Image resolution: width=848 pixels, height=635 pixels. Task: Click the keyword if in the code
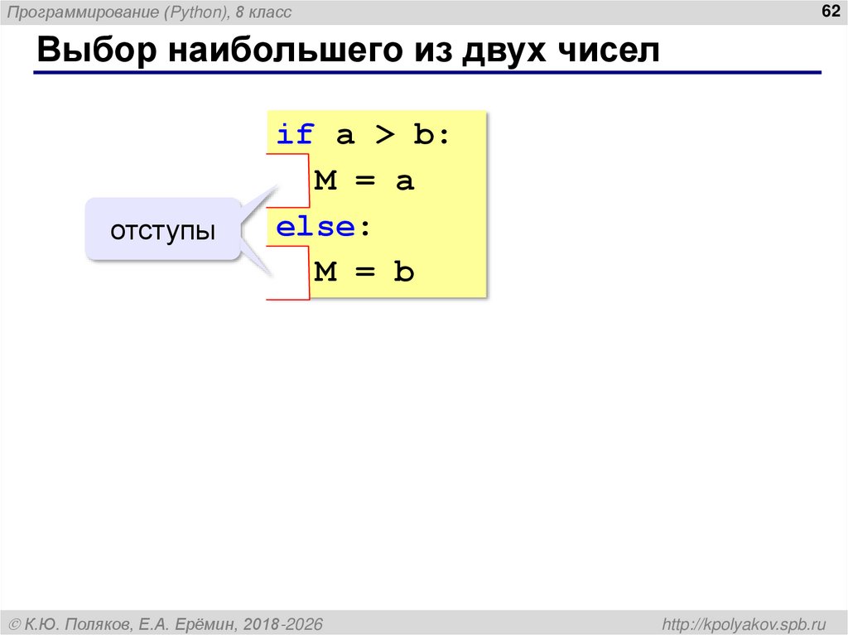(x=295, y=135)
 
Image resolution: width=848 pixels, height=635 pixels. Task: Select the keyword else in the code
(x=316, y=227)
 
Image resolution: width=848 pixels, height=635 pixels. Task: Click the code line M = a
(x=364, y=181)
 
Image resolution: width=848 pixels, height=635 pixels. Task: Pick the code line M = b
(x=364, y=272)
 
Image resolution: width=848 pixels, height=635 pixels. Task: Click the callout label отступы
(x=163, y=231)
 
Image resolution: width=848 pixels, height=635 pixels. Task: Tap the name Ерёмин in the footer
(x=200, y=623)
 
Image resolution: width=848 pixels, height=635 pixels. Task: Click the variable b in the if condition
(x=423, y=135)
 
